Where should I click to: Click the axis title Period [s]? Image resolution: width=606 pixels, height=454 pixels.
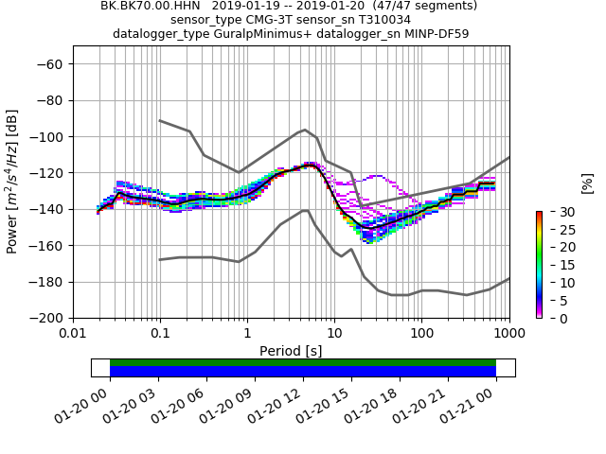pyautogui.click(x=291, y=351)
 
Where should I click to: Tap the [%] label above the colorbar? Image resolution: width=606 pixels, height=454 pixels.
pyautogui.click(x=587, y=182)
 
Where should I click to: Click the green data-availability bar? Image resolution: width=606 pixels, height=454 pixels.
pyautogui.click(x=303, y=362)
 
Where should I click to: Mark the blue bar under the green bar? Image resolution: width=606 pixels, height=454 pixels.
pyautogui.click(x=303, y=372)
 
